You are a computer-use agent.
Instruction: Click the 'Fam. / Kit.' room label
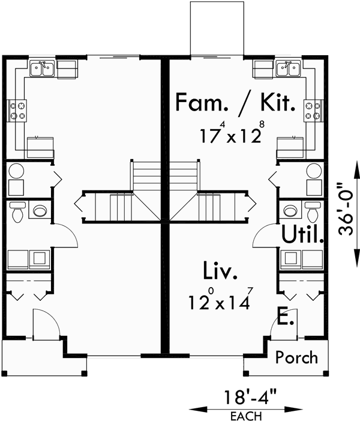click(235, 103)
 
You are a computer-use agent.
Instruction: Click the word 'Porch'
click(297, 358)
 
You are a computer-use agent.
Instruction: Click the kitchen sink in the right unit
click(288, 69)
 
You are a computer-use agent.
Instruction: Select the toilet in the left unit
click(18, 211)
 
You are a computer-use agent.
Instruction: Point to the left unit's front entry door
click(44, 327)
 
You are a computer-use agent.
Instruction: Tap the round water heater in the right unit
click(314, 170)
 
